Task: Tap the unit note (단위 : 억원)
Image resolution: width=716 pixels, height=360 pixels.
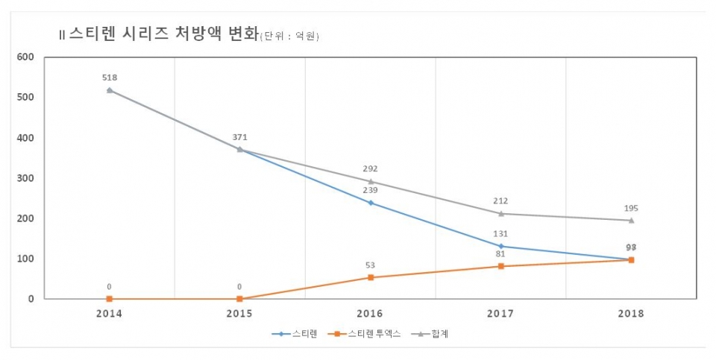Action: pos(289,37)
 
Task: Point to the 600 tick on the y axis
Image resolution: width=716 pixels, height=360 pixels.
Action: pos(25,57)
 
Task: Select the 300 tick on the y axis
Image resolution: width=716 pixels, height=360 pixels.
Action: pos(25,178)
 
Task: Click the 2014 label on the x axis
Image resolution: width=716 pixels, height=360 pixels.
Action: pos(109,314)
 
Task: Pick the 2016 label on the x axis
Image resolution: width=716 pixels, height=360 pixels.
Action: pos(371,314)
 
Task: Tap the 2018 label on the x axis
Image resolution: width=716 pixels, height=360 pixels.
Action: pos(631,314)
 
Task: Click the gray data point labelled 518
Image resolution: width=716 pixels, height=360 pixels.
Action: pos(110,90)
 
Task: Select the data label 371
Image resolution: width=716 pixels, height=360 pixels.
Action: pos(240,137)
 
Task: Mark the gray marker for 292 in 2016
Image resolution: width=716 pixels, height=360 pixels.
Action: pos(371,181)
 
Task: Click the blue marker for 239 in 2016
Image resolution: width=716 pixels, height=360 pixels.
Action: pos(371,203)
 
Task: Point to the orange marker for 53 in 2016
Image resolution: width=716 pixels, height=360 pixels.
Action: pos(371,277)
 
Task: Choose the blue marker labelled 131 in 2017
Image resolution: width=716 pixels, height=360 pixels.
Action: pos(501,246)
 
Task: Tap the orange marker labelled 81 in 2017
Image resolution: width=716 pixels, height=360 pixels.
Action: pos(501,266)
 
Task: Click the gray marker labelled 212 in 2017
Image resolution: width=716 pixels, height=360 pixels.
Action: pos(501,213)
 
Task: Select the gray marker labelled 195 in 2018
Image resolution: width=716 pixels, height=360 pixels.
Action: pos(632,220)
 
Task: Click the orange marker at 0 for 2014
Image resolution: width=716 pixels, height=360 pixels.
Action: pos(110,299)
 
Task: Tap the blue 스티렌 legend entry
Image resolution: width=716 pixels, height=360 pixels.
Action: pos(295,334)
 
